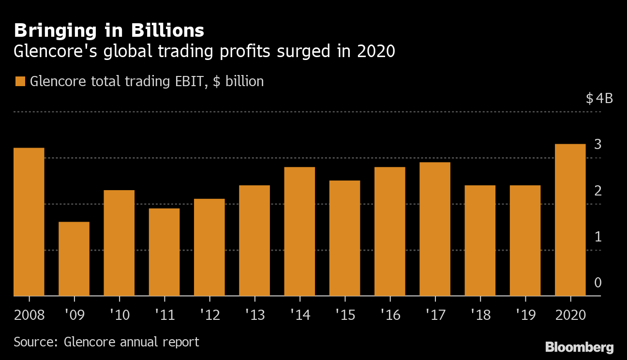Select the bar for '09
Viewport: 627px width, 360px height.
tap(74, 258)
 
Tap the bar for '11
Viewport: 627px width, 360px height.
tap(164, 252)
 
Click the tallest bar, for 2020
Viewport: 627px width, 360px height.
tap(570, 220)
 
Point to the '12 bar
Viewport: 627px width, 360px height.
tap(209, 247)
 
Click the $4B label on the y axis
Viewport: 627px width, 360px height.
tap(599, 99)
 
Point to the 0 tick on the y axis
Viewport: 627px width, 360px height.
tap(598, 283)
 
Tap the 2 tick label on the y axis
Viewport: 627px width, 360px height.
tap(598, 191)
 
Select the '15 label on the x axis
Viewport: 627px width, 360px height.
tap(344, 315)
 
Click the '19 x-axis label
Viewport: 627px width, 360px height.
tap(525, 315)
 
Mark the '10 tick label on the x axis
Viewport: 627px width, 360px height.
tap(119, 315)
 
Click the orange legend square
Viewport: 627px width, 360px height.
tap(20, 81)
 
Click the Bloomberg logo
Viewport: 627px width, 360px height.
tap(580, 347)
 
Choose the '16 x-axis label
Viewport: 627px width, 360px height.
tap(390, 315)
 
